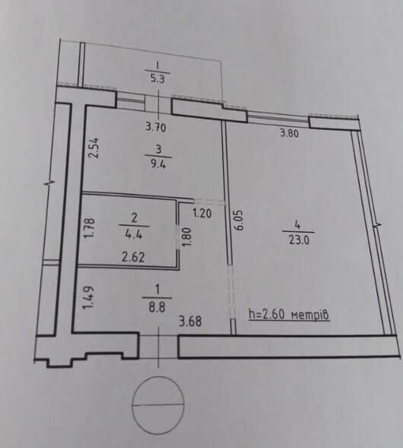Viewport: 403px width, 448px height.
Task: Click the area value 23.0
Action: [x=299, y=240]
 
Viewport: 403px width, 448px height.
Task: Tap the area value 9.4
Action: [x=158, y=164]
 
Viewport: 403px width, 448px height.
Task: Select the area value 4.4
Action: [x=134, y=236]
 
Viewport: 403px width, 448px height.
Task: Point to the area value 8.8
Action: [x=157, y=308]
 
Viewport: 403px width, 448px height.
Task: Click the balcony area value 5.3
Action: [x=157, y=78]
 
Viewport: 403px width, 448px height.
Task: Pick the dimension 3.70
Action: [x=156, y=127]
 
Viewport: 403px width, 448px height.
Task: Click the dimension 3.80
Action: [x=289, y=133]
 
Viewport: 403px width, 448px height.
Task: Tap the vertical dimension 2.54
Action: [x=94, y=148]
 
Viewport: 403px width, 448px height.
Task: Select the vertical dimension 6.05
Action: [x=239, y=220]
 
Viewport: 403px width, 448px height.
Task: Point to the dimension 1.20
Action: [x=202, y=214]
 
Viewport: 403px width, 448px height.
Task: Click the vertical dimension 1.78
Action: [x=90, y=227]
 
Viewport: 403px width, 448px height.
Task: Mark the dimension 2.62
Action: [x=133, y=257]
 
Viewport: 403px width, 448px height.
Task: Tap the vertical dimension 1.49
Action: [x=88, y=297]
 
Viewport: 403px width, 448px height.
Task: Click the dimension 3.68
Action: [x=190, y=322]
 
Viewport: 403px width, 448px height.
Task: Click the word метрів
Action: [x=310, y=315]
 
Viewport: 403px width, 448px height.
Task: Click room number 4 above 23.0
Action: [x=298, y=225]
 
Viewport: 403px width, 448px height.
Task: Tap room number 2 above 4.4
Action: [x=134, y=218]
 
